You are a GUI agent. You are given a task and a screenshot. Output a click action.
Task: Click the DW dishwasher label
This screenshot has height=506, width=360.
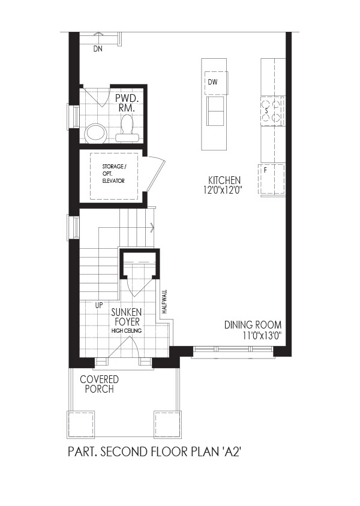[212, 82]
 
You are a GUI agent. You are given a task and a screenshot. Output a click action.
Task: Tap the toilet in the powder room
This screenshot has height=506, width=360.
[127, 129]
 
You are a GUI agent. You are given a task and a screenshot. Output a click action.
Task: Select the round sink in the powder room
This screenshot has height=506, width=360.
[95, 133]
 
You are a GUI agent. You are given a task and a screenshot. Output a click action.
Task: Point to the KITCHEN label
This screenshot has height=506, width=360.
[224, 180]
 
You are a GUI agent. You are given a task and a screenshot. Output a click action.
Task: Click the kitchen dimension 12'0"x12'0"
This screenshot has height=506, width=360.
[223, 190]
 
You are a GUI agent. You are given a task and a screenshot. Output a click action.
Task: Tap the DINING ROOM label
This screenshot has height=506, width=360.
[253, 324]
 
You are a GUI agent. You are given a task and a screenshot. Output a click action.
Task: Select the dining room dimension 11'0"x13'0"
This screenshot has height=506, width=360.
[262, 336]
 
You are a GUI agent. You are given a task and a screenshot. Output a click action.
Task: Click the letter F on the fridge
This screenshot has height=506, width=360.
[265, 170]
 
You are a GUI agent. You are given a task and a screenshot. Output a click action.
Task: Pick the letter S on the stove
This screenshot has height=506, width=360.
[266, 112]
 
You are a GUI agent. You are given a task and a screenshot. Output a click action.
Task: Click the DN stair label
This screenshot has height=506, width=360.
[98, 49]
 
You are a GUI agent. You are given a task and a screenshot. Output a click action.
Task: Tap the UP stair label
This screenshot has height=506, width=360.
[99, 305]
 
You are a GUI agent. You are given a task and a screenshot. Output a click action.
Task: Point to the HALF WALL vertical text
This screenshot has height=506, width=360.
[164, 302]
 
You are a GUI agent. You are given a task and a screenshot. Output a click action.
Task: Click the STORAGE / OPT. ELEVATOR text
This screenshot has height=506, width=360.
[114, 174]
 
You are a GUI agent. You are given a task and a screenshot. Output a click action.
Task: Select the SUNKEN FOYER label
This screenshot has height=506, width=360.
[126, 317]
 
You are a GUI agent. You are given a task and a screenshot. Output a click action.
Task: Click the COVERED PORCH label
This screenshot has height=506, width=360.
[100, 384]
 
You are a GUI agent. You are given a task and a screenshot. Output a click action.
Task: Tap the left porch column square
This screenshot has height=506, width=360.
[81, 424]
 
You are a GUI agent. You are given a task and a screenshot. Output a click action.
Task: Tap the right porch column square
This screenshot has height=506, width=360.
[167, 424]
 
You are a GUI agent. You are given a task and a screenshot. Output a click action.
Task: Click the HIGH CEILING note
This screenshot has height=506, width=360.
[127, 331]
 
